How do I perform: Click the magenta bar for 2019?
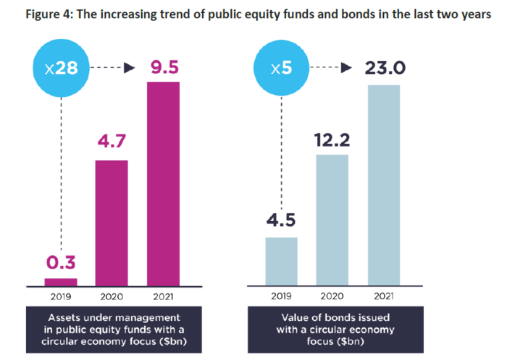click(61, 282)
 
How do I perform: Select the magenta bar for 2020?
click(112, 223)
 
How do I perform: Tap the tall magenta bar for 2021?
click(163, 184)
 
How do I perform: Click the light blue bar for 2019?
click(281, 261)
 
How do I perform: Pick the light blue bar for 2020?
click(332, 220)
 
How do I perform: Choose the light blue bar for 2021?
click(384, 185)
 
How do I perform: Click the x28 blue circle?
click(61, 68)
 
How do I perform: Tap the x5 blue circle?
click(281, 68)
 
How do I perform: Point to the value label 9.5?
click(164, 67)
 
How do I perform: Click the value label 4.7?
click(112, 141)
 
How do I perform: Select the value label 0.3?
click(61, 262)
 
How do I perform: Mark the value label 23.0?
click(385, 68)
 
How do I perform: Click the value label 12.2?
click(332, 140)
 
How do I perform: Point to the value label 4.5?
click(281, 220)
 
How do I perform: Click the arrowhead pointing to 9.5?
click(130, 68)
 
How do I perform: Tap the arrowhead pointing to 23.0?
click(346, 67)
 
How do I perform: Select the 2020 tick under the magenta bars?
click(112, 296)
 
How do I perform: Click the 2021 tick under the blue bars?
click(384, 296)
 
